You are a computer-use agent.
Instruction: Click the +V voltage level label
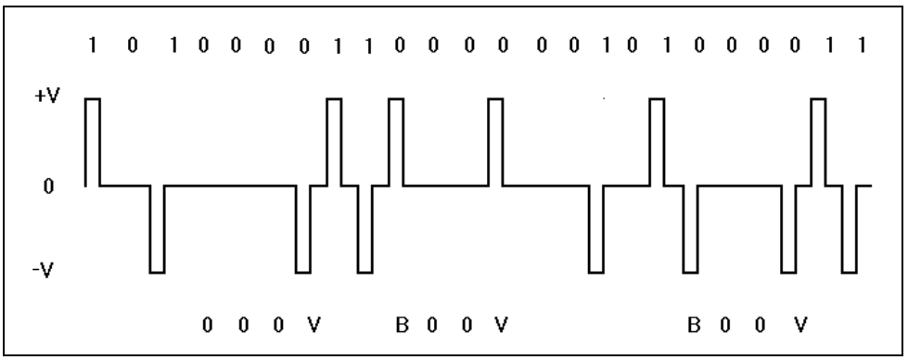point(47,95)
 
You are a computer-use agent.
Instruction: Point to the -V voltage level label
point(43,270)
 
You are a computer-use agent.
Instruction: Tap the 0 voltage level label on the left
point(48,186)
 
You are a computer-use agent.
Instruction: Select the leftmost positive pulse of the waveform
point(93,142)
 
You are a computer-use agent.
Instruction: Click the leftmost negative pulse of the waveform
point(157,229)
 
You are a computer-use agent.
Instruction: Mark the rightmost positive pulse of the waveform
point(818,142)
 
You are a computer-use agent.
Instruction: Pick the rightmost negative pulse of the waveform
point(850,229)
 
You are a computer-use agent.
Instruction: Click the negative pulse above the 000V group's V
point(303,229)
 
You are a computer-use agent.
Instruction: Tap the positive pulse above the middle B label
point(396,142)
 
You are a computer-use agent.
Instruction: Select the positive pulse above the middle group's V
point(495,142)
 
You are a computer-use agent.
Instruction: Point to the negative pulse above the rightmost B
point(690,229)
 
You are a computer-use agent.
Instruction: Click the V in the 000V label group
point(313,326)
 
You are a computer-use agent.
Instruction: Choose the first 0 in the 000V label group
point(208,326)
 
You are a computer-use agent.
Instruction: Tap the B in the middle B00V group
point(402,326)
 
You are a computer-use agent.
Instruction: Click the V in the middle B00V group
point(501,326)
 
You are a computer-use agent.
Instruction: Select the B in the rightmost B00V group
point(694,326)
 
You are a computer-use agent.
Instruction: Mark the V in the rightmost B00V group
point(800,326)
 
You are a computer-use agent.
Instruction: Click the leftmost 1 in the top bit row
point(92,45)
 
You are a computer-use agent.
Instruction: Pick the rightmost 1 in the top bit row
point(863,45)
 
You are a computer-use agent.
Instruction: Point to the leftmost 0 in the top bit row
point(133,45)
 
